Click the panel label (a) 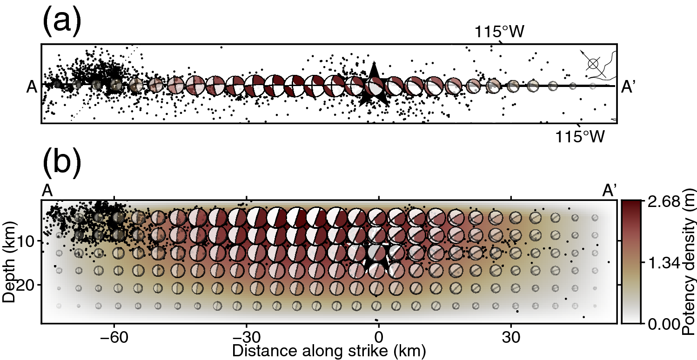pos(62,22)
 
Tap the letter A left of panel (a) pos(32,87)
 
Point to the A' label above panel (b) pos(610,191)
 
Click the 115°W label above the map pos(499,32)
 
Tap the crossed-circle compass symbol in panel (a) pos(593,64)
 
